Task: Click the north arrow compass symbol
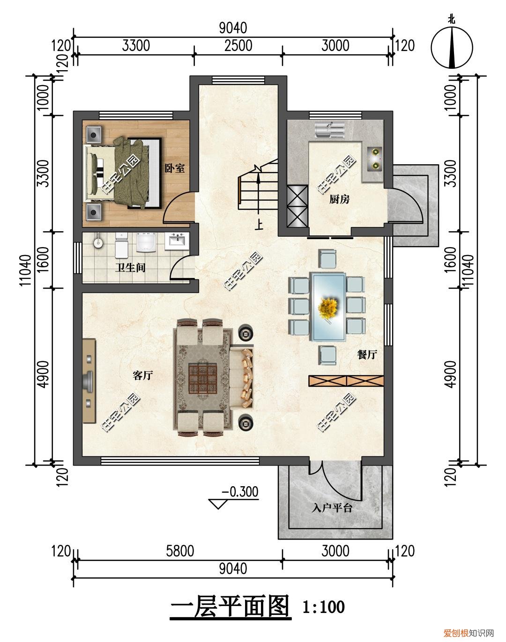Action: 452,47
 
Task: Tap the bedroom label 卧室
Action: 175,168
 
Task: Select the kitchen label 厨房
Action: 339,199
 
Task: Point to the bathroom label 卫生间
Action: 131,267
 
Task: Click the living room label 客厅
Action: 143,375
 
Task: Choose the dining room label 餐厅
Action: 367,354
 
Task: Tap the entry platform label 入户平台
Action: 332,507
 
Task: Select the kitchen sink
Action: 330,130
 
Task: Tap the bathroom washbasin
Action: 177,241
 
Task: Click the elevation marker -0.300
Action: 240,492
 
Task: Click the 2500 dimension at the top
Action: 238,46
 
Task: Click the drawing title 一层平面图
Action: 231,606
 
